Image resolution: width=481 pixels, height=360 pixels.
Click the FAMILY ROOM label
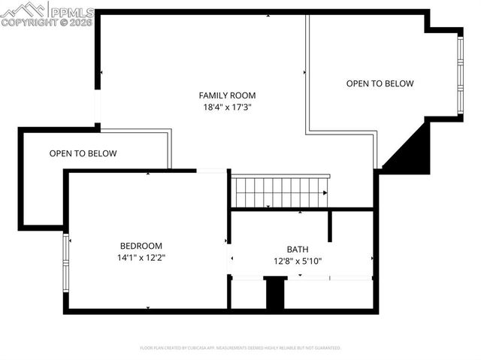[227, 95]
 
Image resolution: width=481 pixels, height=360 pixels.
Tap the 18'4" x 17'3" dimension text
[227, 107]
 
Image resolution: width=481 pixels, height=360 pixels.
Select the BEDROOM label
[141, 246]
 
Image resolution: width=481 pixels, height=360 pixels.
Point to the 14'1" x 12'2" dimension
[141, 258]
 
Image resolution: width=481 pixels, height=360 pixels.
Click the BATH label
[297, 250]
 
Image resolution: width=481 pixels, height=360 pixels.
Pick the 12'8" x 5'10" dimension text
[297, 262]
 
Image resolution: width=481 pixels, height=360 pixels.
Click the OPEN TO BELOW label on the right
[380, 84]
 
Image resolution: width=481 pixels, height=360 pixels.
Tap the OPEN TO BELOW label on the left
[83, 154]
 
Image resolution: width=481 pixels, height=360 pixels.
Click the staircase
[280, 192]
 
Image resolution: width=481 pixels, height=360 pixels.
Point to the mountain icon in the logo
[24, 10]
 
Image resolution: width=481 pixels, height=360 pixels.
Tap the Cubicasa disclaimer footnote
[240, 348]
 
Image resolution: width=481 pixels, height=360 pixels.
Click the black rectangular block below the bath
[276, 293]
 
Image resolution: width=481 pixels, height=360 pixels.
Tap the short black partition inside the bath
[329, 226]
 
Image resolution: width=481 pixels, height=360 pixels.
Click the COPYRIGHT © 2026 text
[47, 23]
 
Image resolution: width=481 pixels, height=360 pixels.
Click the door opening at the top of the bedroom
[212, 171]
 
